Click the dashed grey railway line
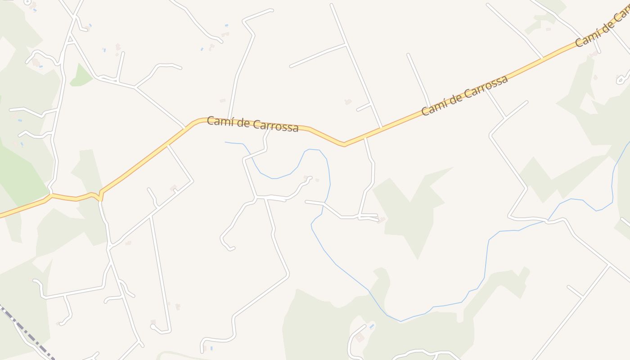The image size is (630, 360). [x=27, y=333]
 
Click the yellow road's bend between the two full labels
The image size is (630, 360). [x=344, y=144]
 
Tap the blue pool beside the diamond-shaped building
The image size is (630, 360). [x=371, y=326]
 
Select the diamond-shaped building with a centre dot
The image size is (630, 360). [x=360, y=337]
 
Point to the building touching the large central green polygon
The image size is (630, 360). [x=382, y=220]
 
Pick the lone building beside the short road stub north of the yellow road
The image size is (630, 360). [x=347, y=102]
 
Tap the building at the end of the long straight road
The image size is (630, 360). [x=153, y=322]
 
